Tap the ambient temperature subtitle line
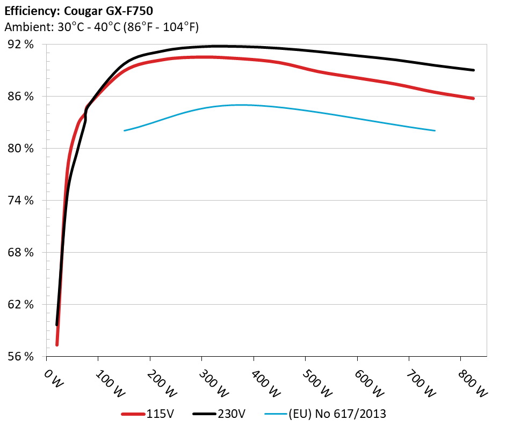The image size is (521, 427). click(x=102, y=27)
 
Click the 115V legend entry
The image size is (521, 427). click(x=148, y=414)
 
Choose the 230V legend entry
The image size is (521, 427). click(x=220, y=414)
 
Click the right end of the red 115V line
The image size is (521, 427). click(x=473, y=98)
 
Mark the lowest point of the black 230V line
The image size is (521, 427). click(x=56, y=325)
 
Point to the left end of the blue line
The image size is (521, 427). click(x=125, y=130)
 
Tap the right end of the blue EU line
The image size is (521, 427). click(x=435, y=130)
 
